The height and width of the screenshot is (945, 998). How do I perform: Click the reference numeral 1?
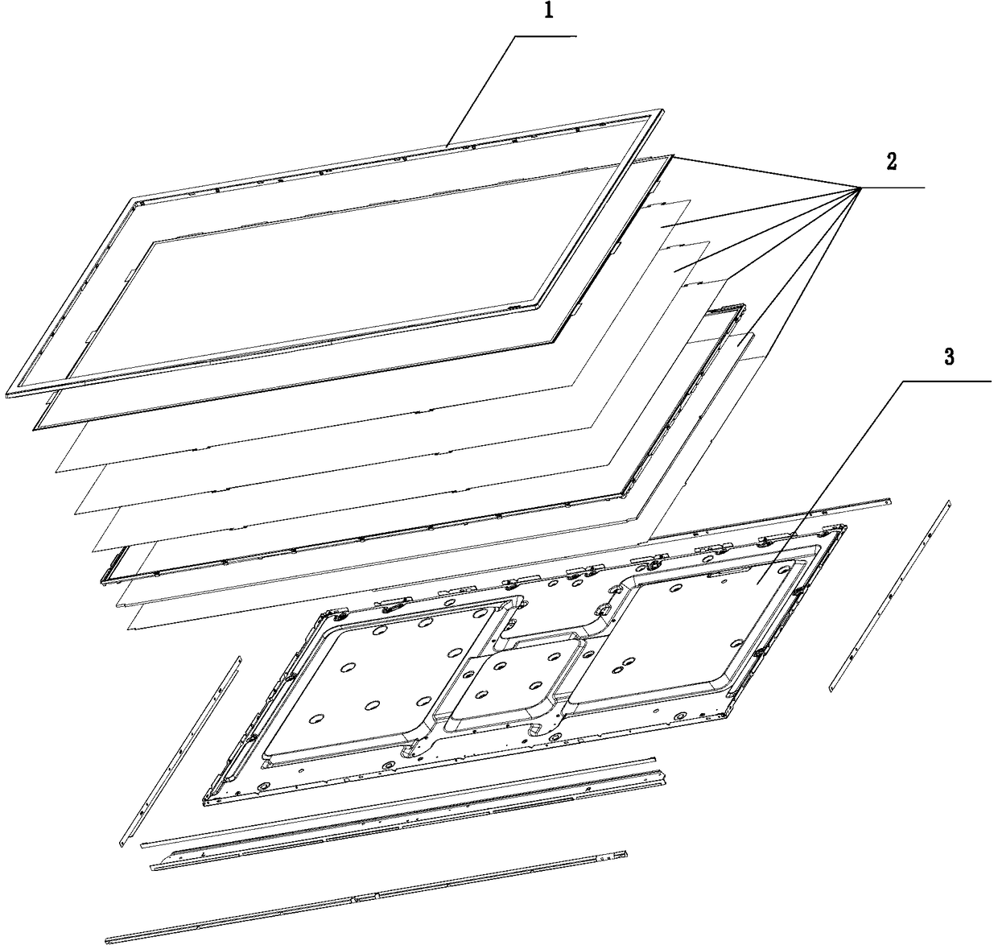pos(548,10)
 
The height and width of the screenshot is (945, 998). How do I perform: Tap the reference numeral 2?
pos(892,162)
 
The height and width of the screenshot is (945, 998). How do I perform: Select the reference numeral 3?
pos(949,357)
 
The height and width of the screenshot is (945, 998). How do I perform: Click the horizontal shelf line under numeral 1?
pos(546,36)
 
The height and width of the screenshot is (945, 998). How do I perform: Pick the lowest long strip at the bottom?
pos(366,897)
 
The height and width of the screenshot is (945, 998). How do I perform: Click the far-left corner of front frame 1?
pos(7,394)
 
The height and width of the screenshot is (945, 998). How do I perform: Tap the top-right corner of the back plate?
pos(845,526)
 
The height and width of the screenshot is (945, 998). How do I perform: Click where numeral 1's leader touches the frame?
pos(447,146)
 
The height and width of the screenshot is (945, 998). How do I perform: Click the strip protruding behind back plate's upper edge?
pos(769,526)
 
